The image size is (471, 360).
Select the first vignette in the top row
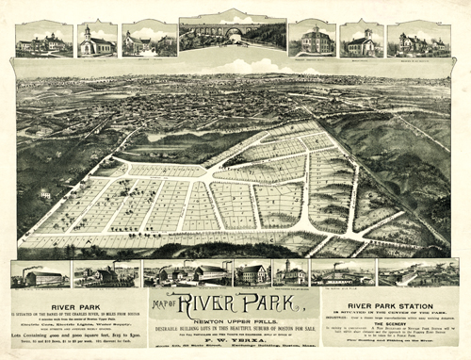(x=43, y=39)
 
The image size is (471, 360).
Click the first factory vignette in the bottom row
(x=40, y=274)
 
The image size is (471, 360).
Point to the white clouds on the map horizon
(x=235, y=67)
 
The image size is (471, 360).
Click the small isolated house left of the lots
(x=44, y=193)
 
